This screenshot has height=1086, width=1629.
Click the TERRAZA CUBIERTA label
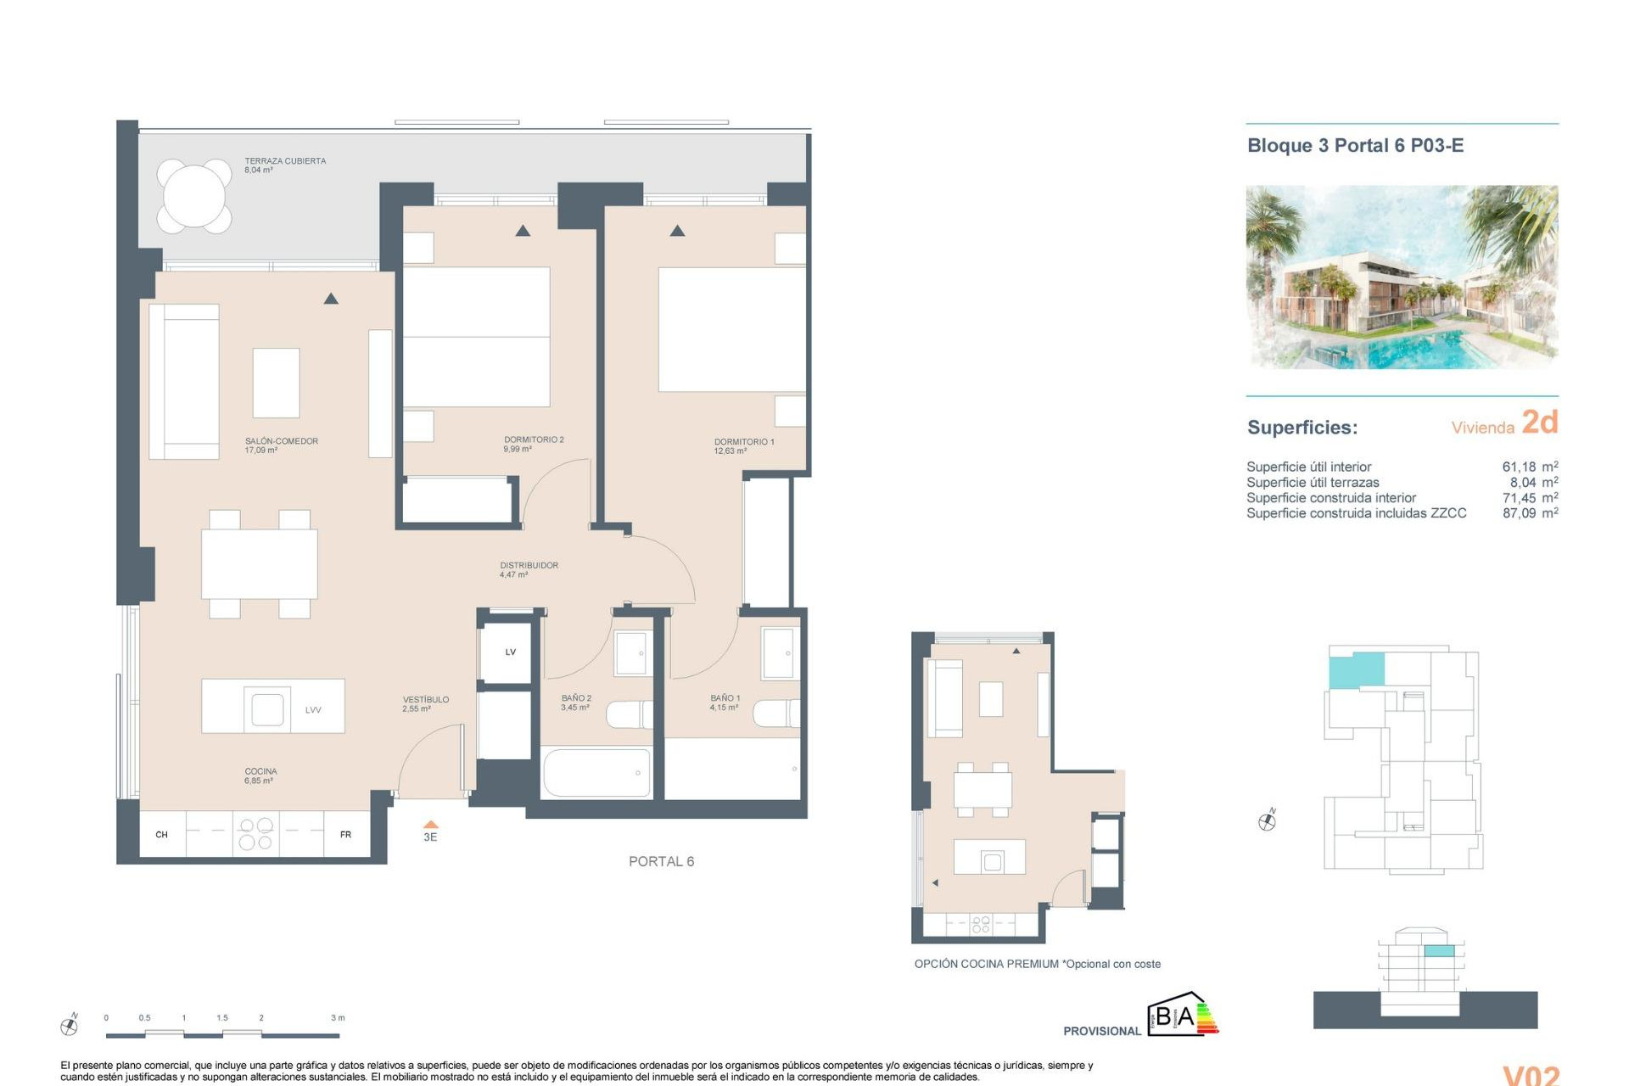click(x=284, y=161)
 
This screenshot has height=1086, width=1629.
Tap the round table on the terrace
click(x=194, y=196)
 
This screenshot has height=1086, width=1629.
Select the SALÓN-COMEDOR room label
click(x=281, y=441)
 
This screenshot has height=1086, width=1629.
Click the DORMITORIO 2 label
click(x=533, y=439)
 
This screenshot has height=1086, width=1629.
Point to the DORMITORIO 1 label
click(x=743, y=442)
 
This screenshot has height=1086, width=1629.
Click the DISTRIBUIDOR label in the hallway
click(x=529, y=565)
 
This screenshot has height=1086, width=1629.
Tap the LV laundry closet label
click(x=510, y=652)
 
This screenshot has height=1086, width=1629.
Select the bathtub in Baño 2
click(x=596, y=772)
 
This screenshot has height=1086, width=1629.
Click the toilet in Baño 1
click(x=777, y=714)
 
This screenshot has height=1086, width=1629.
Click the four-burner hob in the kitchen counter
click(x=255, y=833)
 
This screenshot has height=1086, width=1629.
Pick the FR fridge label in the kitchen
click(x=345, y=835)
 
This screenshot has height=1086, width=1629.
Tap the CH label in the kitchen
click(x=161, y=835)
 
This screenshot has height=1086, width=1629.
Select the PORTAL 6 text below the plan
click(x=661, y=862)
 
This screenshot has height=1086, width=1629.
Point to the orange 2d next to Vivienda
click(x=1539, y=423)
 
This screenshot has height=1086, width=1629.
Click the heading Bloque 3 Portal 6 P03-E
click(x=1355, y=146)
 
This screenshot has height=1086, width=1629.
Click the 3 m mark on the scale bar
click(x=338, y=1018)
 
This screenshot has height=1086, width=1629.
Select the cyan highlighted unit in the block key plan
click(x=1356, y=670)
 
